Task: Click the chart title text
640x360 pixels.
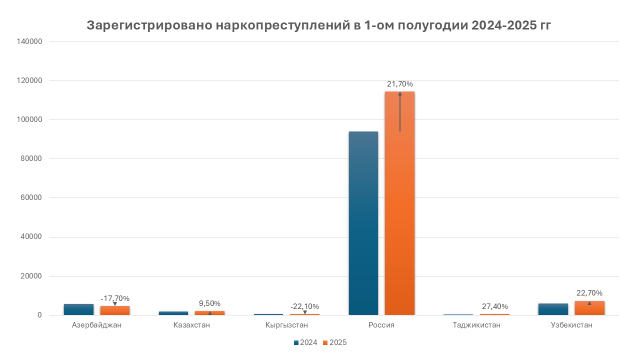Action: [x=319, y=25]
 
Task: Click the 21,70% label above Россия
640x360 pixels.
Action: [x=400, y=84]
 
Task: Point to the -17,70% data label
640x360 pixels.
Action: [x=115, y=298]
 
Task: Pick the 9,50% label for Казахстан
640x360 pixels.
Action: [x=209, y=303]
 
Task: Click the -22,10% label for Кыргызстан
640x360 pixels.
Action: [x=304, y=306]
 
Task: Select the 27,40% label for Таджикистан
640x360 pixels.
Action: [x=494, y=306]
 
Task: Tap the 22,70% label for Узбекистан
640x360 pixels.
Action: [x=589, y=292]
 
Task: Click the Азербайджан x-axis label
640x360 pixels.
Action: [x=96, y=325]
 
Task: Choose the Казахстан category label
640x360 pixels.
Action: [x=191, y=325]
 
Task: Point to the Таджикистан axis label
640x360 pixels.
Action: [x=476, y=325]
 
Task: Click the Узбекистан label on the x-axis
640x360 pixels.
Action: [x=571, y=325]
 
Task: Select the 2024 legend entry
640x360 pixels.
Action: [x=305, y=342]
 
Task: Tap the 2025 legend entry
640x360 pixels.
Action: [x=334, y=342]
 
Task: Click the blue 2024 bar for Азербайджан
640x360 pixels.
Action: [x=78, y=309]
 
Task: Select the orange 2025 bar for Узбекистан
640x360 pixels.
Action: [x=589, y=308]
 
